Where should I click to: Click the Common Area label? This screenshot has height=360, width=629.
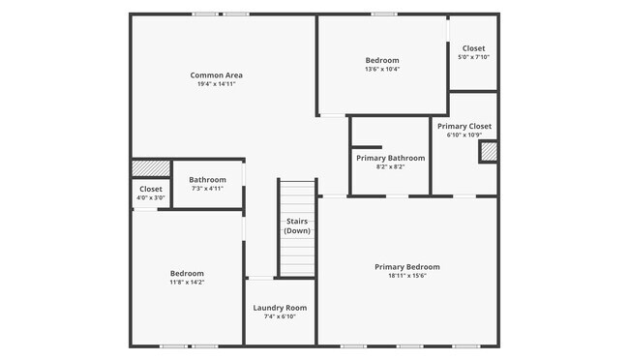pyautogui.click(x=216, y=75)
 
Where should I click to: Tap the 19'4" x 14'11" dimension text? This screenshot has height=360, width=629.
pyautogui.click(x=216, y=85)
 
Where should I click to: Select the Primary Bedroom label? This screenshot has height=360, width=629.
pyautogui.click(x=407, y=267)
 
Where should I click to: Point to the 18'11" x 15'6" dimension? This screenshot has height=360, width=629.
pyautogui.click(x=407, y=277)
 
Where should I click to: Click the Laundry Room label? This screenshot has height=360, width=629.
pyautogui.click(x=280, y=308)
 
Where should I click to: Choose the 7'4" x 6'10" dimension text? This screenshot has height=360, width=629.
pyautogui.click(x=280, y=317)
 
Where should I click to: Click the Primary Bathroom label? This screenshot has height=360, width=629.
pyautogui.click(x=390, y=158)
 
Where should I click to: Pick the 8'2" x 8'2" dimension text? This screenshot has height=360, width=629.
pyautogui.click(x=390, y=167)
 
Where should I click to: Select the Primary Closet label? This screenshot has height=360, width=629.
pyautogui.click(x=464, y=127)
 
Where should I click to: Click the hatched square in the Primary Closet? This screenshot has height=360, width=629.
pyautogui.click(x=489, y=152)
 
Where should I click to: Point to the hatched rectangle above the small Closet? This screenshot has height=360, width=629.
pyautogui.click(x=151, y=168)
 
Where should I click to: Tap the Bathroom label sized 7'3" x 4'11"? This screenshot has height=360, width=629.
pyautogui.click(x=207, y=179)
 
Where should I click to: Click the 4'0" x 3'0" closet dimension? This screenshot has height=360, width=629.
pyautogui.click(x=151, y=198)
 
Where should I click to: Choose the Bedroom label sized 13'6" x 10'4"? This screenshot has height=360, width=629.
pyautogui.click(x=382, y=60)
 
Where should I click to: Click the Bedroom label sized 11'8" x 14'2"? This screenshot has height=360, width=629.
pyautogui.click(x=188, y=273)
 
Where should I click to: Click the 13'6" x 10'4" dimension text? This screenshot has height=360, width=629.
pyautogui.click(x=382, y=70)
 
